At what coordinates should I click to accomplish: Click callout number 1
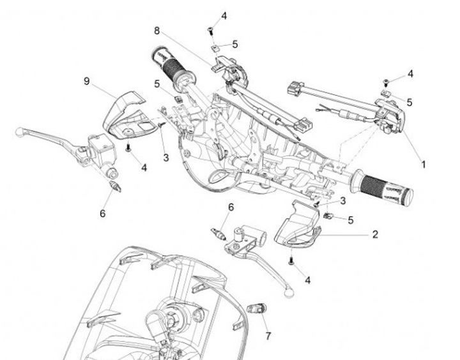click(422, 164)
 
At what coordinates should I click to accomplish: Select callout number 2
click(375, 234)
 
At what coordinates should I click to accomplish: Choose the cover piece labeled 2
click(296, 225)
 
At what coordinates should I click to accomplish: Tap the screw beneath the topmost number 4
click(210, 29)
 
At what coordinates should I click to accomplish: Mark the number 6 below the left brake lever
click(102, 213)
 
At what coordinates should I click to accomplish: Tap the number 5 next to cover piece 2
click(350, 220)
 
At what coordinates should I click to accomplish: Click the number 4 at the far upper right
click(410, 74)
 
